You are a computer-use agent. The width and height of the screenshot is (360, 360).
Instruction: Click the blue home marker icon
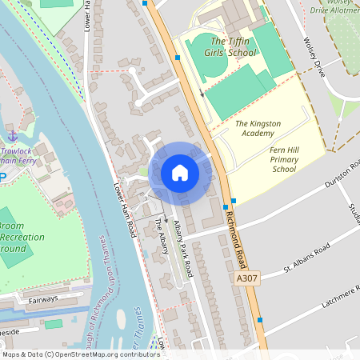[180, 173]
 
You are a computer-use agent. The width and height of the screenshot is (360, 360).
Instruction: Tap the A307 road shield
[247, 277]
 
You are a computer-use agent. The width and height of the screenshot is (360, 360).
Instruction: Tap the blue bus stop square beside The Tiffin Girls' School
[178, 58]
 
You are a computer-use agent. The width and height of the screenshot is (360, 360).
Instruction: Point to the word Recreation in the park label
[22, 237]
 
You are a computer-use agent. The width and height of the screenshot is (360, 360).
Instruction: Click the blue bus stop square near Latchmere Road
[260, 320]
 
